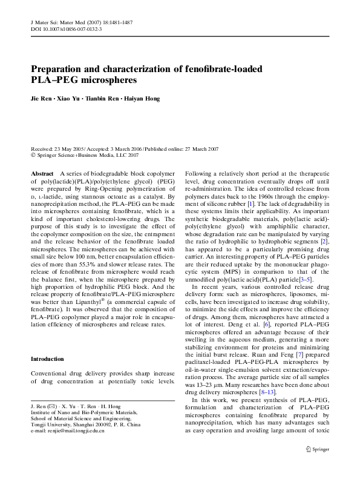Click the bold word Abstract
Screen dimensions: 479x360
pos(42,173)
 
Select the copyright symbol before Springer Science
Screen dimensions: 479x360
pos(33,155)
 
